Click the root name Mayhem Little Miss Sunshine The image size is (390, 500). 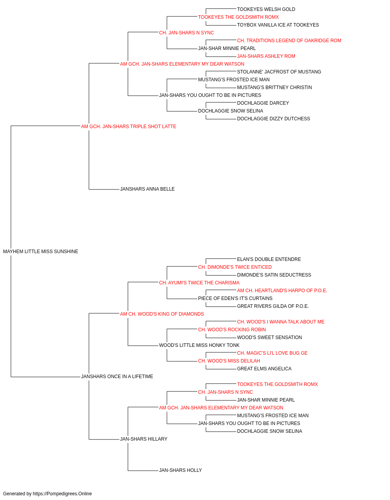click(x=41, y=252)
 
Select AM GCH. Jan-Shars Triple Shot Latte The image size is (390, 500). click(x=129, y=127)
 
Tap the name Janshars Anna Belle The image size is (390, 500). click(x=147, y=189)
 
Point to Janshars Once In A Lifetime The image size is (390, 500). click(x=117, y=377)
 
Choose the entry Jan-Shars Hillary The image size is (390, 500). click(x=144, y=439)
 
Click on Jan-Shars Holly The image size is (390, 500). click(x=180, y=470)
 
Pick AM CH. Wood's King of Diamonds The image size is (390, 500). click(x=162, y=314)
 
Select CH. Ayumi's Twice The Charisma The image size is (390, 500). click(x=199, y=283)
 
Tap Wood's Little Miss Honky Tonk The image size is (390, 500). click(x=199, y=345)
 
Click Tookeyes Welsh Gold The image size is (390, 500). click(x=266, y=9)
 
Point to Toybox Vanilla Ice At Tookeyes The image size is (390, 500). click(x=278, y=25)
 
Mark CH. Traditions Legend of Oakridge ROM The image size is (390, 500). click(x=289, y=41)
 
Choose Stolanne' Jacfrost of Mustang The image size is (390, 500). click(x=279, y=72)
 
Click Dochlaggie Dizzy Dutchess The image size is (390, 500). click(x=273, y=119)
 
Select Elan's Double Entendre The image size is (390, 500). click(x=269, y=259)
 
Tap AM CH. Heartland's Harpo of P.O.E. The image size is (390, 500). click(x=282, y=291)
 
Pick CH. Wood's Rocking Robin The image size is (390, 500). click(x=232, y=330)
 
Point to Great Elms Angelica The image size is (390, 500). click(x=264, y=369)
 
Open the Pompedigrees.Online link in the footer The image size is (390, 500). click(x=62, y=494)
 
